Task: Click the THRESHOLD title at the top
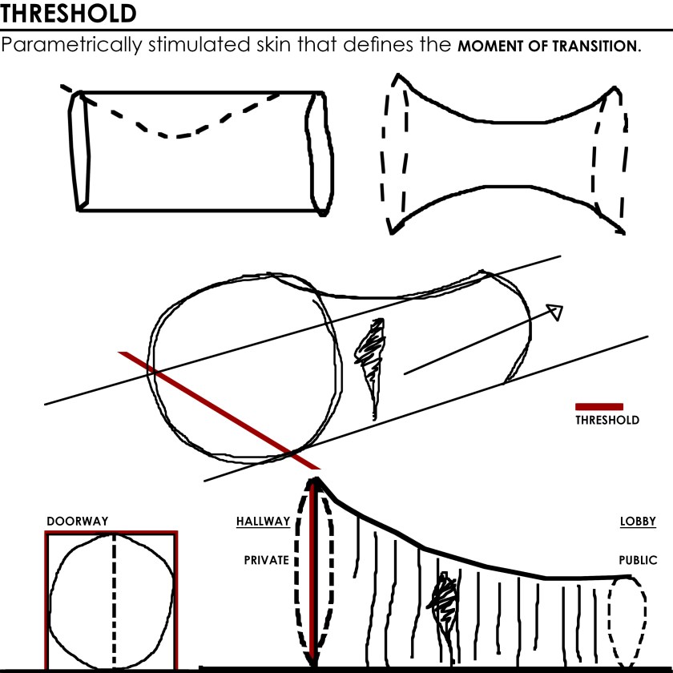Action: coord(68,13)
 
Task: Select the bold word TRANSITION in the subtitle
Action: coord(597,46)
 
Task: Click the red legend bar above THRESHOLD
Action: coord(598,406)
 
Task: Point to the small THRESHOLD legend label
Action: coord(607,420)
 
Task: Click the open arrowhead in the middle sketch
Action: coord(554,312)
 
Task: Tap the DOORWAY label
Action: coord(77,522)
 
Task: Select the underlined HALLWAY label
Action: coord(263,522)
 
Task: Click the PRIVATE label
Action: coord(266,560)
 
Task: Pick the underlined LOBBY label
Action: coord(638,522)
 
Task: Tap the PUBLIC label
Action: coord(638,560)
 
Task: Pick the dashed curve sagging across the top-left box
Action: coord(176,128)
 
